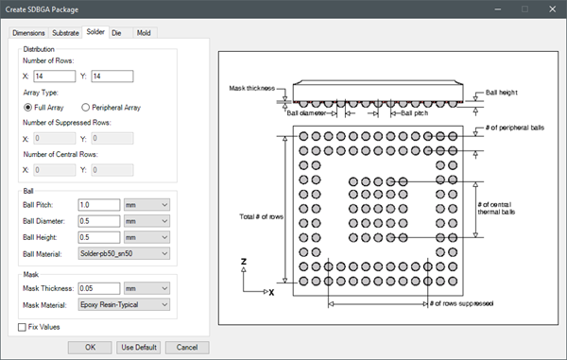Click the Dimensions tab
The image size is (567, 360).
coord(28,33)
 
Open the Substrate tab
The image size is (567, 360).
coord(65,33)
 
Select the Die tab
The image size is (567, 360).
coord(116,33)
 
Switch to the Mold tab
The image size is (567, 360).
coord(144,33)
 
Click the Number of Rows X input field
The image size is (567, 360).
coord(55,77)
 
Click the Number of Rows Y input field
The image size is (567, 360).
coord(112,77)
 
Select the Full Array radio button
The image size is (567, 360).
coord(27,108)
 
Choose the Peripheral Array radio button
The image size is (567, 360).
coord(85,108)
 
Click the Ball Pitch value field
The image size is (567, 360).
coord(99,205)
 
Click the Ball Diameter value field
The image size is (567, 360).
coord(99,221)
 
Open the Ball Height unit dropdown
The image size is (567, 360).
coord(146,237)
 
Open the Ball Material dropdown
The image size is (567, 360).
coord(124,254)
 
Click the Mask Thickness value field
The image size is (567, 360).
coord(99,288)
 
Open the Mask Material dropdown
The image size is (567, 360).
coord(124,304)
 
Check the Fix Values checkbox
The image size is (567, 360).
coord(22,327)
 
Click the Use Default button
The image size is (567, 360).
coord(139,348)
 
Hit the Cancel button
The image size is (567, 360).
coord(187,348)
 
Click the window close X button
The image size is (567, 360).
coord(552,9)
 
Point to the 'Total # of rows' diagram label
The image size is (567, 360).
coord(261,217)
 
